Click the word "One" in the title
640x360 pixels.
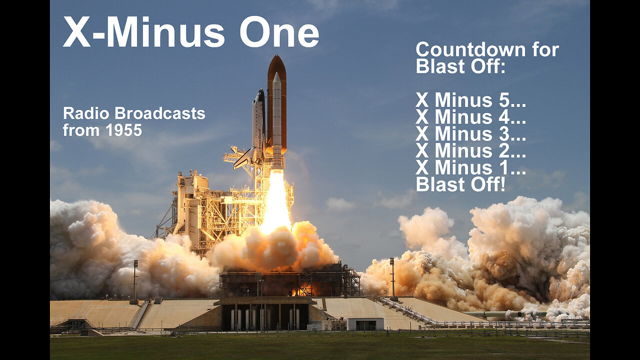[x=279, y=32]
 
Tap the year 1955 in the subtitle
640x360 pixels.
[x=123, y=130]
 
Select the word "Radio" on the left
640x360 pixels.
[x=86, y=113]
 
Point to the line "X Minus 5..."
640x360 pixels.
[x=470, y=100]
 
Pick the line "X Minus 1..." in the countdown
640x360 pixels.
[x=470, y=167]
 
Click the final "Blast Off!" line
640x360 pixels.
[x=460, y=184]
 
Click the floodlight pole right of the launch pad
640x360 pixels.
[x=392, y=277]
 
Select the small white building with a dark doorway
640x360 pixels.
[x=365, y=323]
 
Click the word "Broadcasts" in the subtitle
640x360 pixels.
[x=160, y=113]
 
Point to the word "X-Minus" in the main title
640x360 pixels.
[x=143, y=32]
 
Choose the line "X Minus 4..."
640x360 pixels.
[x=470, y=117]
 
